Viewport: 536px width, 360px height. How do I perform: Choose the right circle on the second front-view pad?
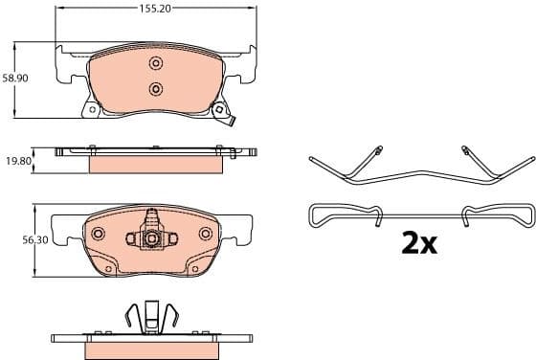(204, 234)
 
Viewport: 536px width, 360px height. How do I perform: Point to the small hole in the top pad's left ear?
(92, 109)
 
